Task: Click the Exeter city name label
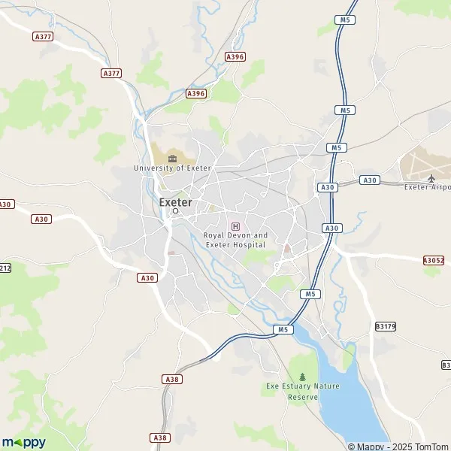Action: click(x=175, y=201)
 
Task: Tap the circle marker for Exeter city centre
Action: click(x=176, y=211)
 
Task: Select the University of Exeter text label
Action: click(x=172, y=168)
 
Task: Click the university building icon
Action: click(x=173, y=158)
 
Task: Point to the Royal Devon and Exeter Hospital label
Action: click(x=235, y=240)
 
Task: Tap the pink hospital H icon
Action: click(x=235, y=226)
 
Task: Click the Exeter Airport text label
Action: click(x=427, y=186)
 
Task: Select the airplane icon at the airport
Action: click(x=431, y=177)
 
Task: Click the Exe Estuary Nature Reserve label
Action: click(x=302, y=391)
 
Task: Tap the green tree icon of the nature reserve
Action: click(x=303, y=377)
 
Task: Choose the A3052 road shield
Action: click(x=433, y=260)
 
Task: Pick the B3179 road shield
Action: click(x=385, y=326)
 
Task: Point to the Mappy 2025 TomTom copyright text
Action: click(x=398, y=446)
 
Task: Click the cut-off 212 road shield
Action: click(x=5, y=268)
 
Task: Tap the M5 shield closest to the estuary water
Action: click(x=282, y=329)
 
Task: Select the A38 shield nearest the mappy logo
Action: click(x=159, y=437)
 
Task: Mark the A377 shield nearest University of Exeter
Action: click(x=111, y=73)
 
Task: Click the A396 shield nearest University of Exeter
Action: click(x=195, y=93)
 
